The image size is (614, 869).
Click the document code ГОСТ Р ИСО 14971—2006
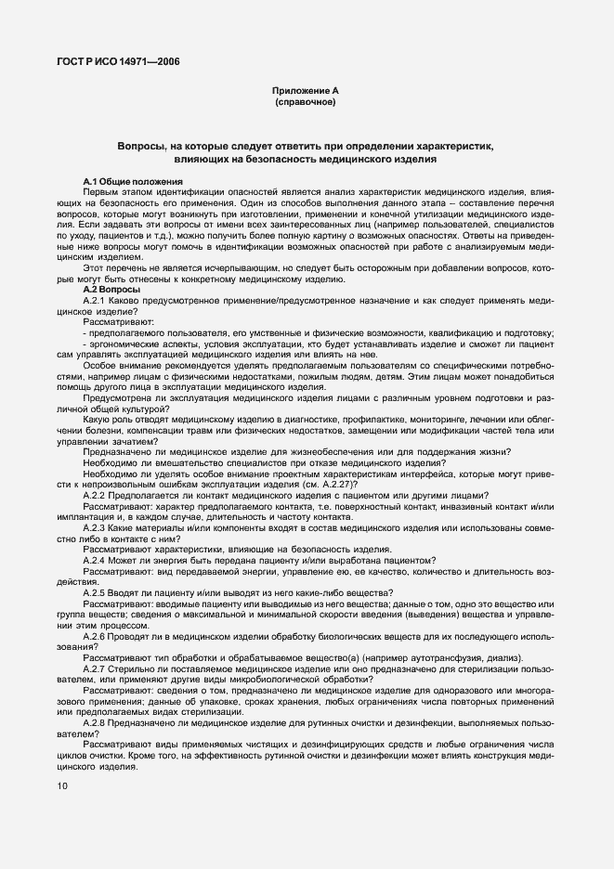[117, 61]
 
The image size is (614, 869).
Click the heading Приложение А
[305, 91]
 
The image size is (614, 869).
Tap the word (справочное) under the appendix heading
[305, 102]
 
